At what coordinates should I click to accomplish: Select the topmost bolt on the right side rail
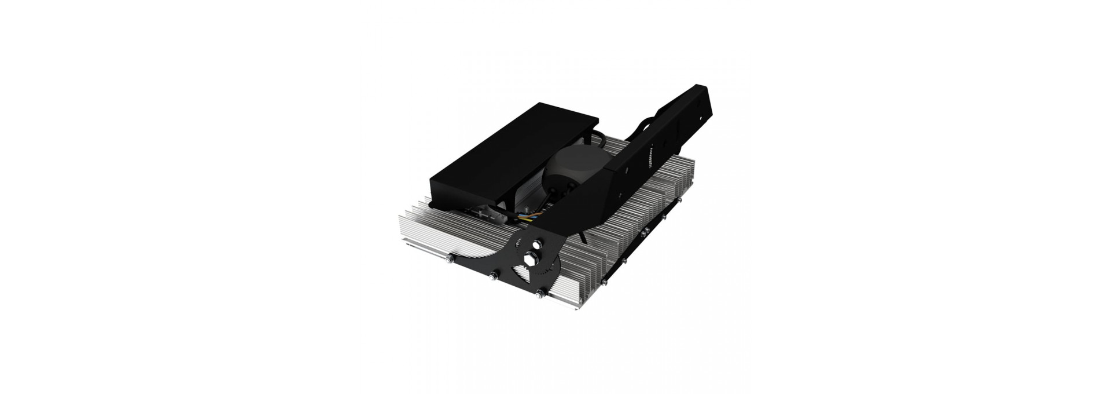[x=680, y=201]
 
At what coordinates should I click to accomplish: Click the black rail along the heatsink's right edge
[x=637, y=250]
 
